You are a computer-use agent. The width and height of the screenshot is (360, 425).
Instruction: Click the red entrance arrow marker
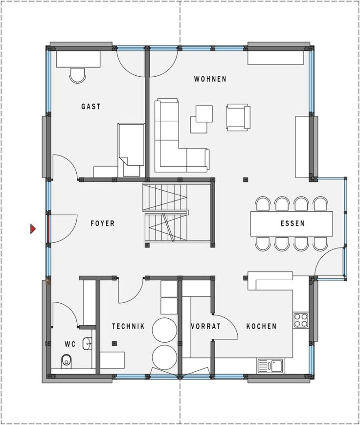coord(33,228)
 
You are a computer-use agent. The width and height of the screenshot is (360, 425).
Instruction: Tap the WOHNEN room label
coord(210,79)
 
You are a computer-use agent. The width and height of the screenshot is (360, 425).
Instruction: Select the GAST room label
coord(90,106)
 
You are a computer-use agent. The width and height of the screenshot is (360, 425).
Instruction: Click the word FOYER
coord(102,224)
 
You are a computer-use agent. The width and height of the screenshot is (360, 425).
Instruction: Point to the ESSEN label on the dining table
coord(292,224)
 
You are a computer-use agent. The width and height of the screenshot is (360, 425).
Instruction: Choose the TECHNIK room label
coord(128,326)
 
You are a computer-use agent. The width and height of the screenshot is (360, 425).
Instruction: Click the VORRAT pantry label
coord(205,326)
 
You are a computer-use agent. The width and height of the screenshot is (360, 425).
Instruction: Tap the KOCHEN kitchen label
coord(261,326)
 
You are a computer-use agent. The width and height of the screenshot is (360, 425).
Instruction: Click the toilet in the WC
coord(67,361)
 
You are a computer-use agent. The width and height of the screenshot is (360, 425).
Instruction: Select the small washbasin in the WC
coord(88,343)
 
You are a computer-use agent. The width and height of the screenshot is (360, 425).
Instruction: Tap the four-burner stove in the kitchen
coord(300,320)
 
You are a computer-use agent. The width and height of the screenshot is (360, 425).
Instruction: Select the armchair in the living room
coord(238,117)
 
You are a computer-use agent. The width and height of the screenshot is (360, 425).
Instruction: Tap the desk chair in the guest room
coord(78,75)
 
